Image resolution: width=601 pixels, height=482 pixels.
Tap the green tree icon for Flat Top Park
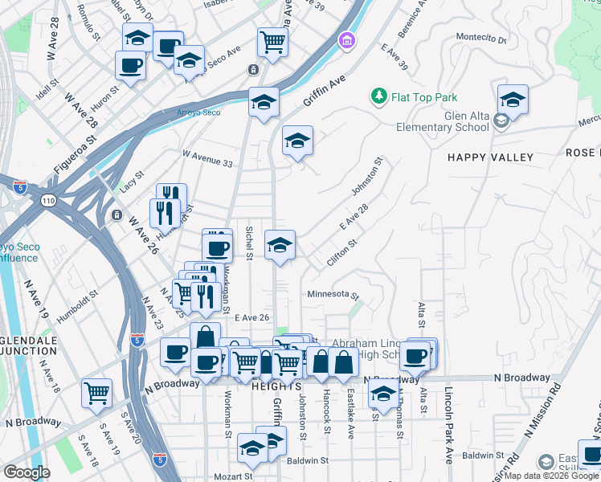pyautogui.click(x=378, y=96)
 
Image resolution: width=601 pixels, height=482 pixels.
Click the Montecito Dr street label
pyautogui.click(x=481, y=37)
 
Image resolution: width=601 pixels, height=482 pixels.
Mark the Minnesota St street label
pyautogui.click(x=332, y=295)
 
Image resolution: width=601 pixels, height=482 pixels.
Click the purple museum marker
pyautogui.click(x=346, y=40)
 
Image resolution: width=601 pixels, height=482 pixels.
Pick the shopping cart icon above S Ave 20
pyautogui.click(x=97, y=393)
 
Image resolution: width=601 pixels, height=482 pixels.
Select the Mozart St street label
pyautogui.click(x=227, y=477)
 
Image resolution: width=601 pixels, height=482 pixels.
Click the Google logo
pyautogui.click(x=27, y=472)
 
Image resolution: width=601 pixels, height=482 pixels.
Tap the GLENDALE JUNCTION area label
pyautogui.click(x=29, y=346)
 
